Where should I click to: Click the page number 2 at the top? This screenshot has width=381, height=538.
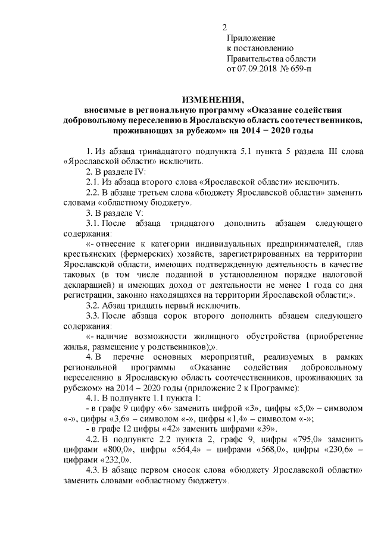(x=225, y=27)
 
